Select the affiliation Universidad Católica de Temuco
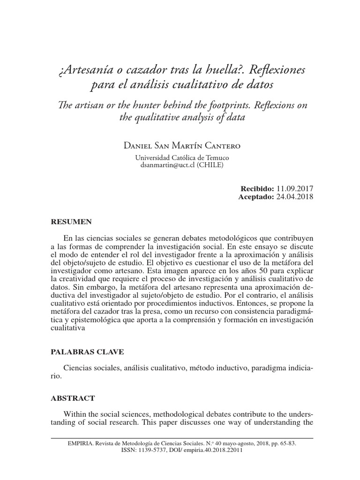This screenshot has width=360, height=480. click(x=182, y=158)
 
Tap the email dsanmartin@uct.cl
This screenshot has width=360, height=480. click(x=167, y=165)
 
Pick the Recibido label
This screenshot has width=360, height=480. click(x=257, y=188)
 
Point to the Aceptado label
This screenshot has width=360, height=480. click(x=255, y=197)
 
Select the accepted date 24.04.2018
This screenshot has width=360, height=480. click(x=295, y=197)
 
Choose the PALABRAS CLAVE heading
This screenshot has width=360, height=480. click(x=87, y=352)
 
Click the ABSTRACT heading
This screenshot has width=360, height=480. click(x=72, y=398)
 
